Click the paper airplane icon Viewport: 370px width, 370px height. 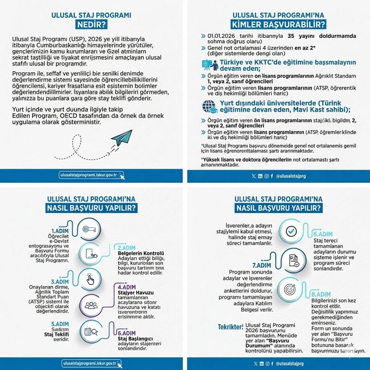(x=122, y=138)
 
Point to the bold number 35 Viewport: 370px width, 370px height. (x=291, y=36)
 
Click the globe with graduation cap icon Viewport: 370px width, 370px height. (x=209, y=106)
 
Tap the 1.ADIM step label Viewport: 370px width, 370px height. (x=60, y=231)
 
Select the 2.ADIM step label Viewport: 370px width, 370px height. (x=127, y=248)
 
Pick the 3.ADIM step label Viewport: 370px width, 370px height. (x=60, y=282)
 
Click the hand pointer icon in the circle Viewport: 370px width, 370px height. (x=90, y=280)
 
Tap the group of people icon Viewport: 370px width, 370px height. (x=91, y=305)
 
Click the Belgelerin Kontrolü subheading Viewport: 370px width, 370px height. (x=139, y=253)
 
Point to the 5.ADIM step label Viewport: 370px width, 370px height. (x=60, y=324)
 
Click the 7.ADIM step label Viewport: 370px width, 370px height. (x=262, y=265)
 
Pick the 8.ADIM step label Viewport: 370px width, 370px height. (x=321, y=295)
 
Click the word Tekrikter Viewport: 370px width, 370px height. (x=231, y=327)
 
